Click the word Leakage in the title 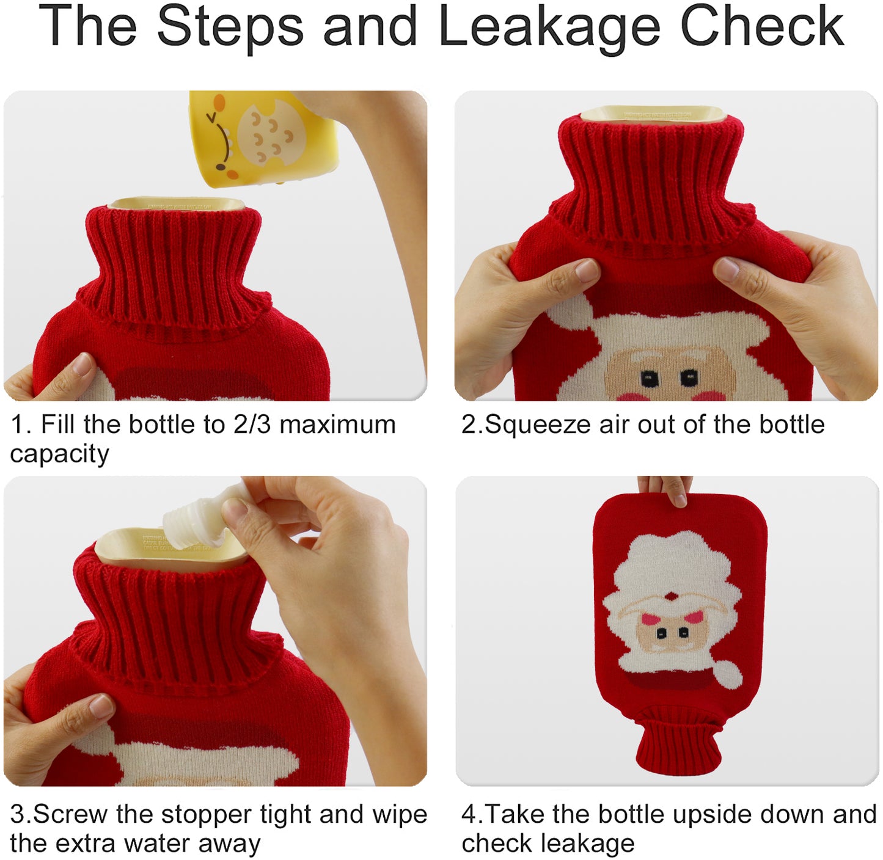coord(549,27)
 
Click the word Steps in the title coord(230,27)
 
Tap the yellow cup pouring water coord(263,137)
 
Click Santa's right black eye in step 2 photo coord(689,378)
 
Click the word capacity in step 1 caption coord(59,454)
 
